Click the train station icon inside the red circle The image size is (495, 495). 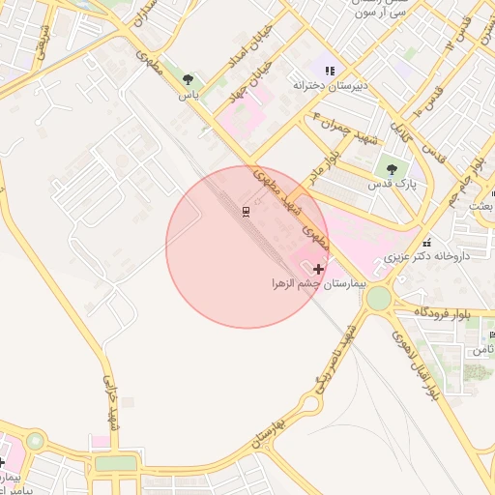click(x=246, y=211)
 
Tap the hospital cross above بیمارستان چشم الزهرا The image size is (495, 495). click(x=319, y=268)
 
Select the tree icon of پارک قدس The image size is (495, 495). click(x=391, y=169)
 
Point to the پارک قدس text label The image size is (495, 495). click(x=391, y=183)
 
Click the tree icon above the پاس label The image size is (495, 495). click(x=188, y=80)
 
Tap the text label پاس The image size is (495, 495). click(x=188, y=96)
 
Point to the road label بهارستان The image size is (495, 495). click(x=268, y=434)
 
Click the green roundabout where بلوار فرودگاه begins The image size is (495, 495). click(x=379, y=298)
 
